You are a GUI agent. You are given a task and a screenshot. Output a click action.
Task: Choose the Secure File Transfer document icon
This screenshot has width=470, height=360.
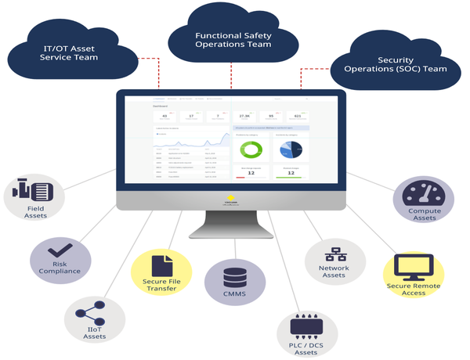(160, 265)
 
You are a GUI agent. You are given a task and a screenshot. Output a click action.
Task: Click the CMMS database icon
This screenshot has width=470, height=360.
(234, 277)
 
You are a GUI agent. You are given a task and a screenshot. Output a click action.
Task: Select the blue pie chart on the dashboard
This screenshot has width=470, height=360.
(289, 149)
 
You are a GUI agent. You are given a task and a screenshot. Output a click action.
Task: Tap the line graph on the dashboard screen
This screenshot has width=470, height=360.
(192, 141)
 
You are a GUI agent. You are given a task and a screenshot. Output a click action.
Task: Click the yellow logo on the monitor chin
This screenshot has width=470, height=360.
(231, 199)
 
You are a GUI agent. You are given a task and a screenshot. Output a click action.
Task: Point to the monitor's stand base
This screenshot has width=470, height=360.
(231, 238)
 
